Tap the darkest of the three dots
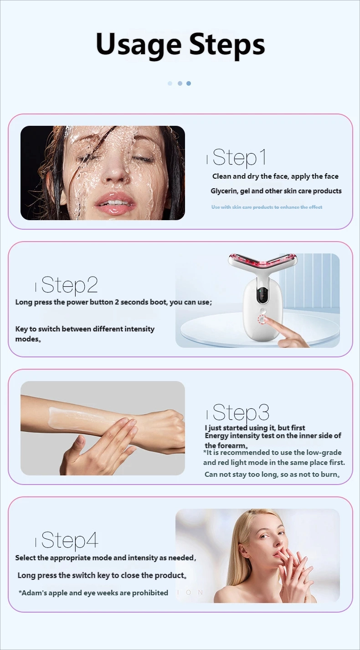coord(189,83)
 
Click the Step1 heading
coord(239,157)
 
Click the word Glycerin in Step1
coord(224,191)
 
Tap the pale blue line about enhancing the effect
coord(267,207)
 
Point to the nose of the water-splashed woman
coord(117,170)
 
